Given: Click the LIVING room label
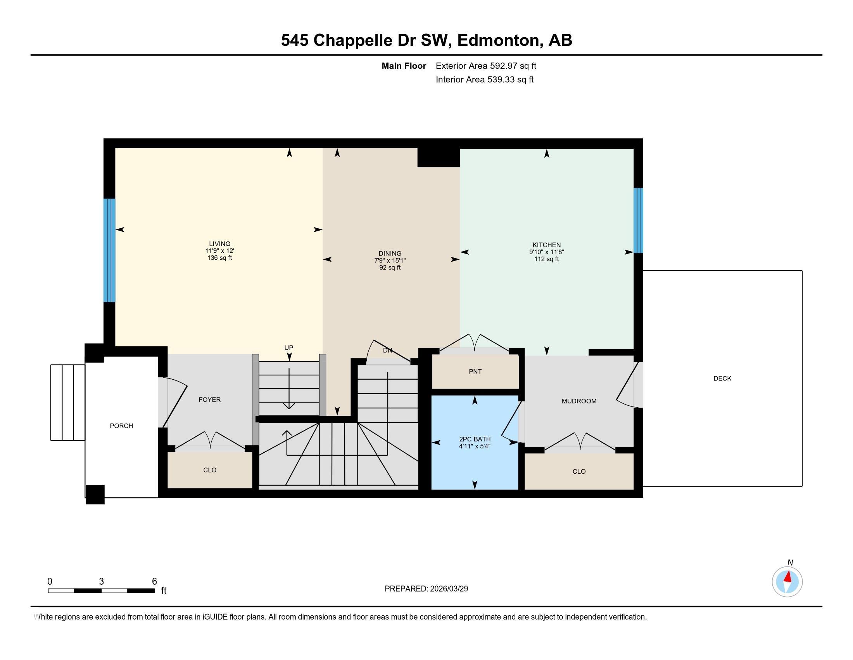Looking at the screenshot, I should pyautogui.click(x=219, y=243).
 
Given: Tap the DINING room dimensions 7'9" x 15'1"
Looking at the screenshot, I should pyautogui.click(x=390, y=261).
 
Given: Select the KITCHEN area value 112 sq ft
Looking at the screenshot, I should pyautogui.click(x=546, y=259).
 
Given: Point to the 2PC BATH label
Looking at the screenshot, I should pyautogui.click(x=475, y=439).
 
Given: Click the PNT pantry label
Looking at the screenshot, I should pyautogui.click(x=475, y=372).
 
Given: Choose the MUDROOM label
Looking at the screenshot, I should pyautogui.click(x=579, y=401).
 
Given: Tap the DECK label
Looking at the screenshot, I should pyautogui.click(x=722, y=379).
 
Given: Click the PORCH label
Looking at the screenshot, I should pyautogui.click(x=121, y=426).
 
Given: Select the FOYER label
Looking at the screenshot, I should pyautogui.click(x=210, y=399).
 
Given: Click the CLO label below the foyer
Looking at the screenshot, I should pyautogui.click(x=210, y=470).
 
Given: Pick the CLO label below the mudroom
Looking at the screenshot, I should pyautogui.click(x=579, y=472).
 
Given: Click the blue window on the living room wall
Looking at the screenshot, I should pyautogui.click(x=109, y=250).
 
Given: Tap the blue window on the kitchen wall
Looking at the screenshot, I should pyautogui.click(x=638, y=221).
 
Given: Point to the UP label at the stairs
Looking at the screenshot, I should pyautogui.click(x=288, y=347).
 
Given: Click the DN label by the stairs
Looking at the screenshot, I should pyautogui.click(x=387, y=350).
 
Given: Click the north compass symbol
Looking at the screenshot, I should pyautogui.click(x=787, y=582).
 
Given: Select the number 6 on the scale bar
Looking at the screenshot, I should pyautogui.click(x=154, y=582).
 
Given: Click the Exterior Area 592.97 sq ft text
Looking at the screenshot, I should pyautogui.click(x=486, y=66).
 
